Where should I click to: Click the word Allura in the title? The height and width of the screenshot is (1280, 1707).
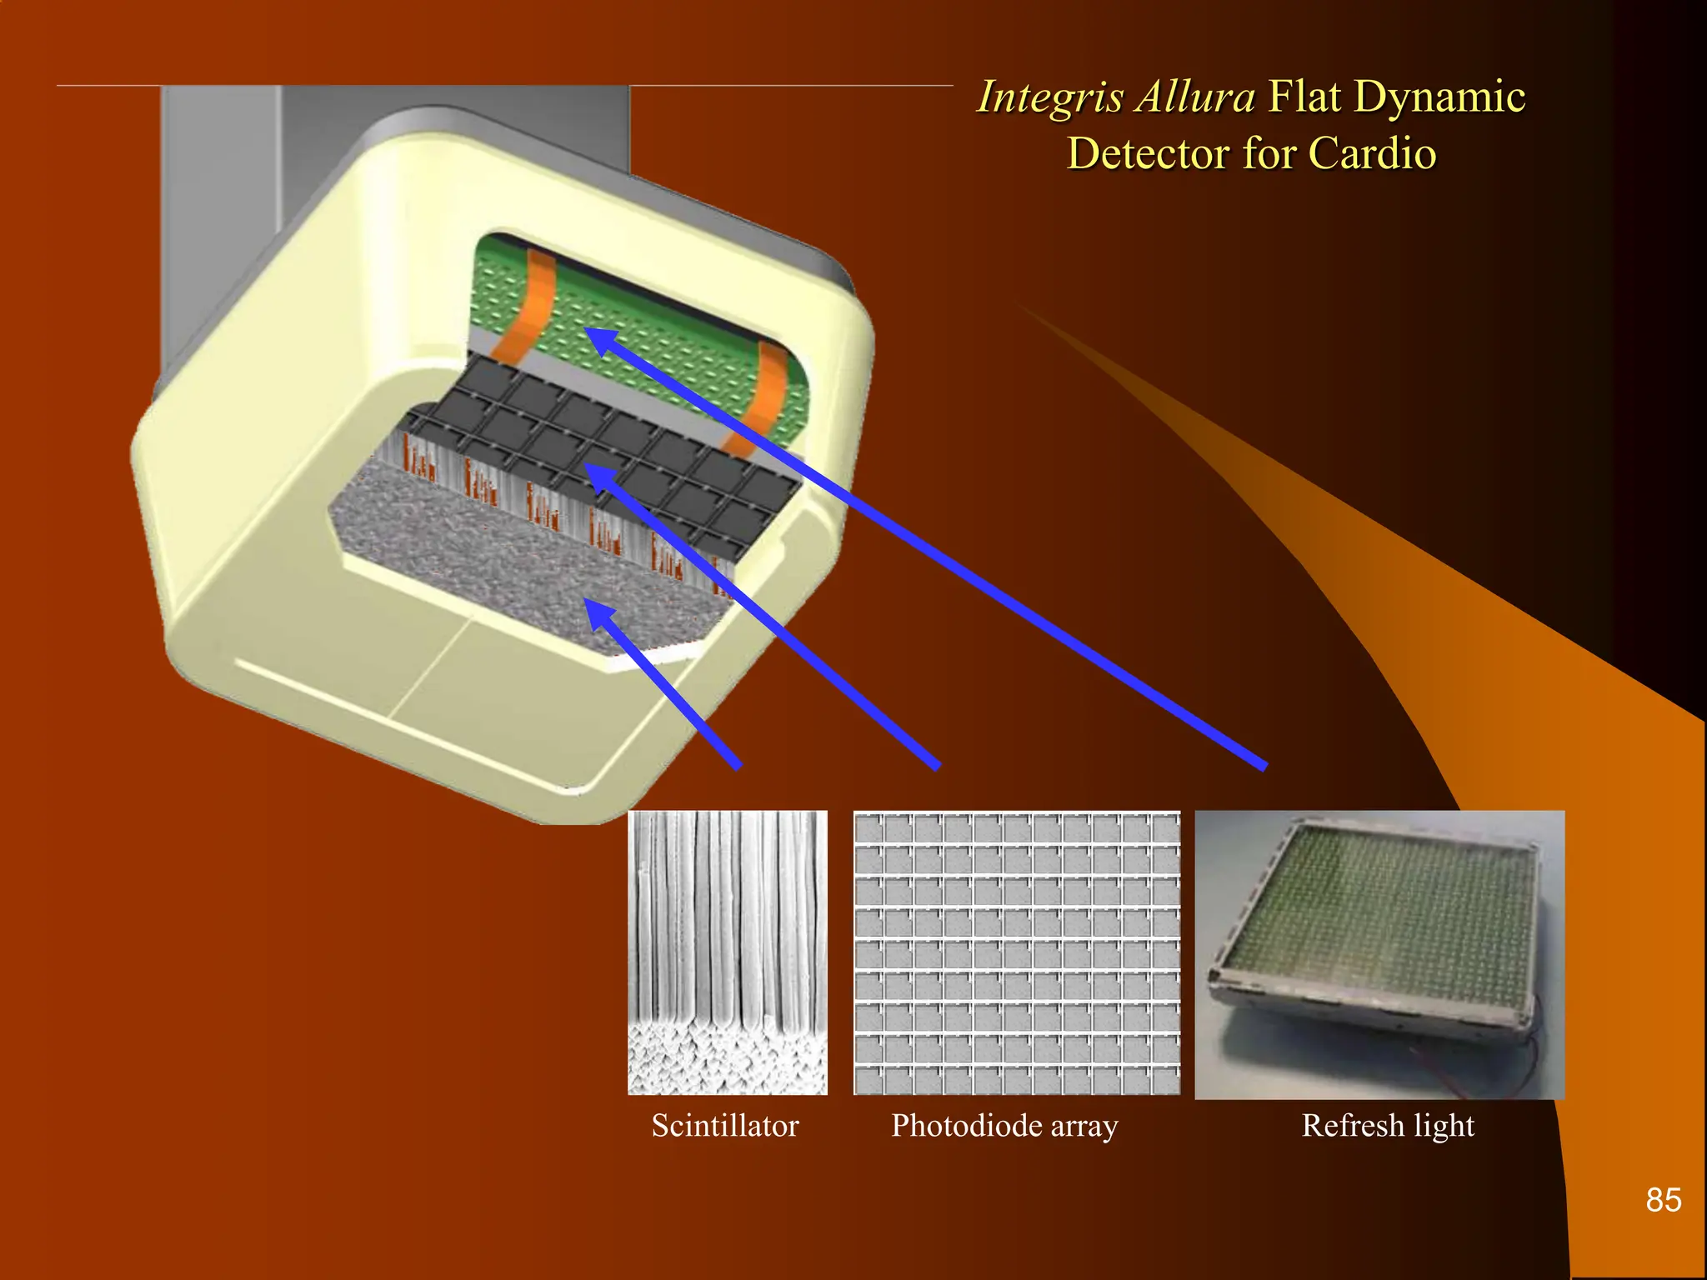[1196, 97]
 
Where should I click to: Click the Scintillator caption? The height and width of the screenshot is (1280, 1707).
[725, 1126]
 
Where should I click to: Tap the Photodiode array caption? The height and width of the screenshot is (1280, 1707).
[1004, 1126]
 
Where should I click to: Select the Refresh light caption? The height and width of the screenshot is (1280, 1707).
[1388, 1126]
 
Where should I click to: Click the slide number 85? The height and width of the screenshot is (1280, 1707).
[1663, 1200]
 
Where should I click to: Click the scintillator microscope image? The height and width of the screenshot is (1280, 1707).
[728, 952]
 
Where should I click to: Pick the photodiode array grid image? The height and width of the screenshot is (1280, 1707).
[1017, 952]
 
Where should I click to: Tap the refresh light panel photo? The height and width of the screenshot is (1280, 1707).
[1379, 954]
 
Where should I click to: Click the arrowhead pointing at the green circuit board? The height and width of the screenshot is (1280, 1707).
[598, 340]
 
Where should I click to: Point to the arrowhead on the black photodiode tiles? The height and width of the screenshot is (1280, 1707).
[598, 477]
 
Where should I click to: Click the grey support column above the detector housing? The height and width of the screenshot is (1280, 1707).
[392, 133]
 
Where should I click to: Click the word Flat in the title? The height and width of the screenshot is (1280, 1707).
[1305, 97]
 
